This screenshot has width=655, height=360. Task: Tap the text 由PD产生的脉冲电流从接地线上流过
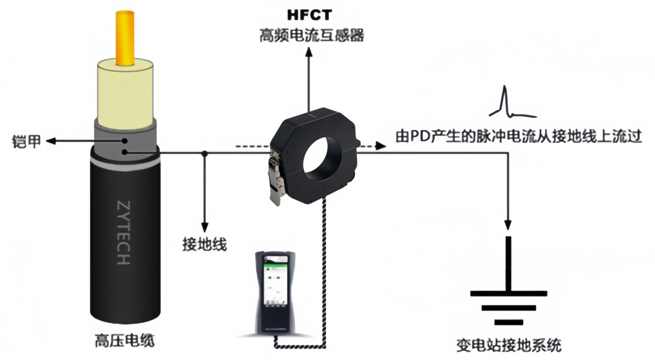[518, 137]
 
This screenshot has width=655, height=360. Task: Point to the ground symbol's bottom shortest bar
[508, 322]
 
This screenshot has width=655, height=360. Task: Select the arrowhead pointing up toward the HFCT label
[309, 51]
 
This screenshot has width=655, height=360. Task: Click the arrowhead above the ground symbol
[508, 224]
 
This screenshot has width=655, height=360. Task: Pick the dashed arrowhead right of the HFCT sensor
[380, 146]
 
